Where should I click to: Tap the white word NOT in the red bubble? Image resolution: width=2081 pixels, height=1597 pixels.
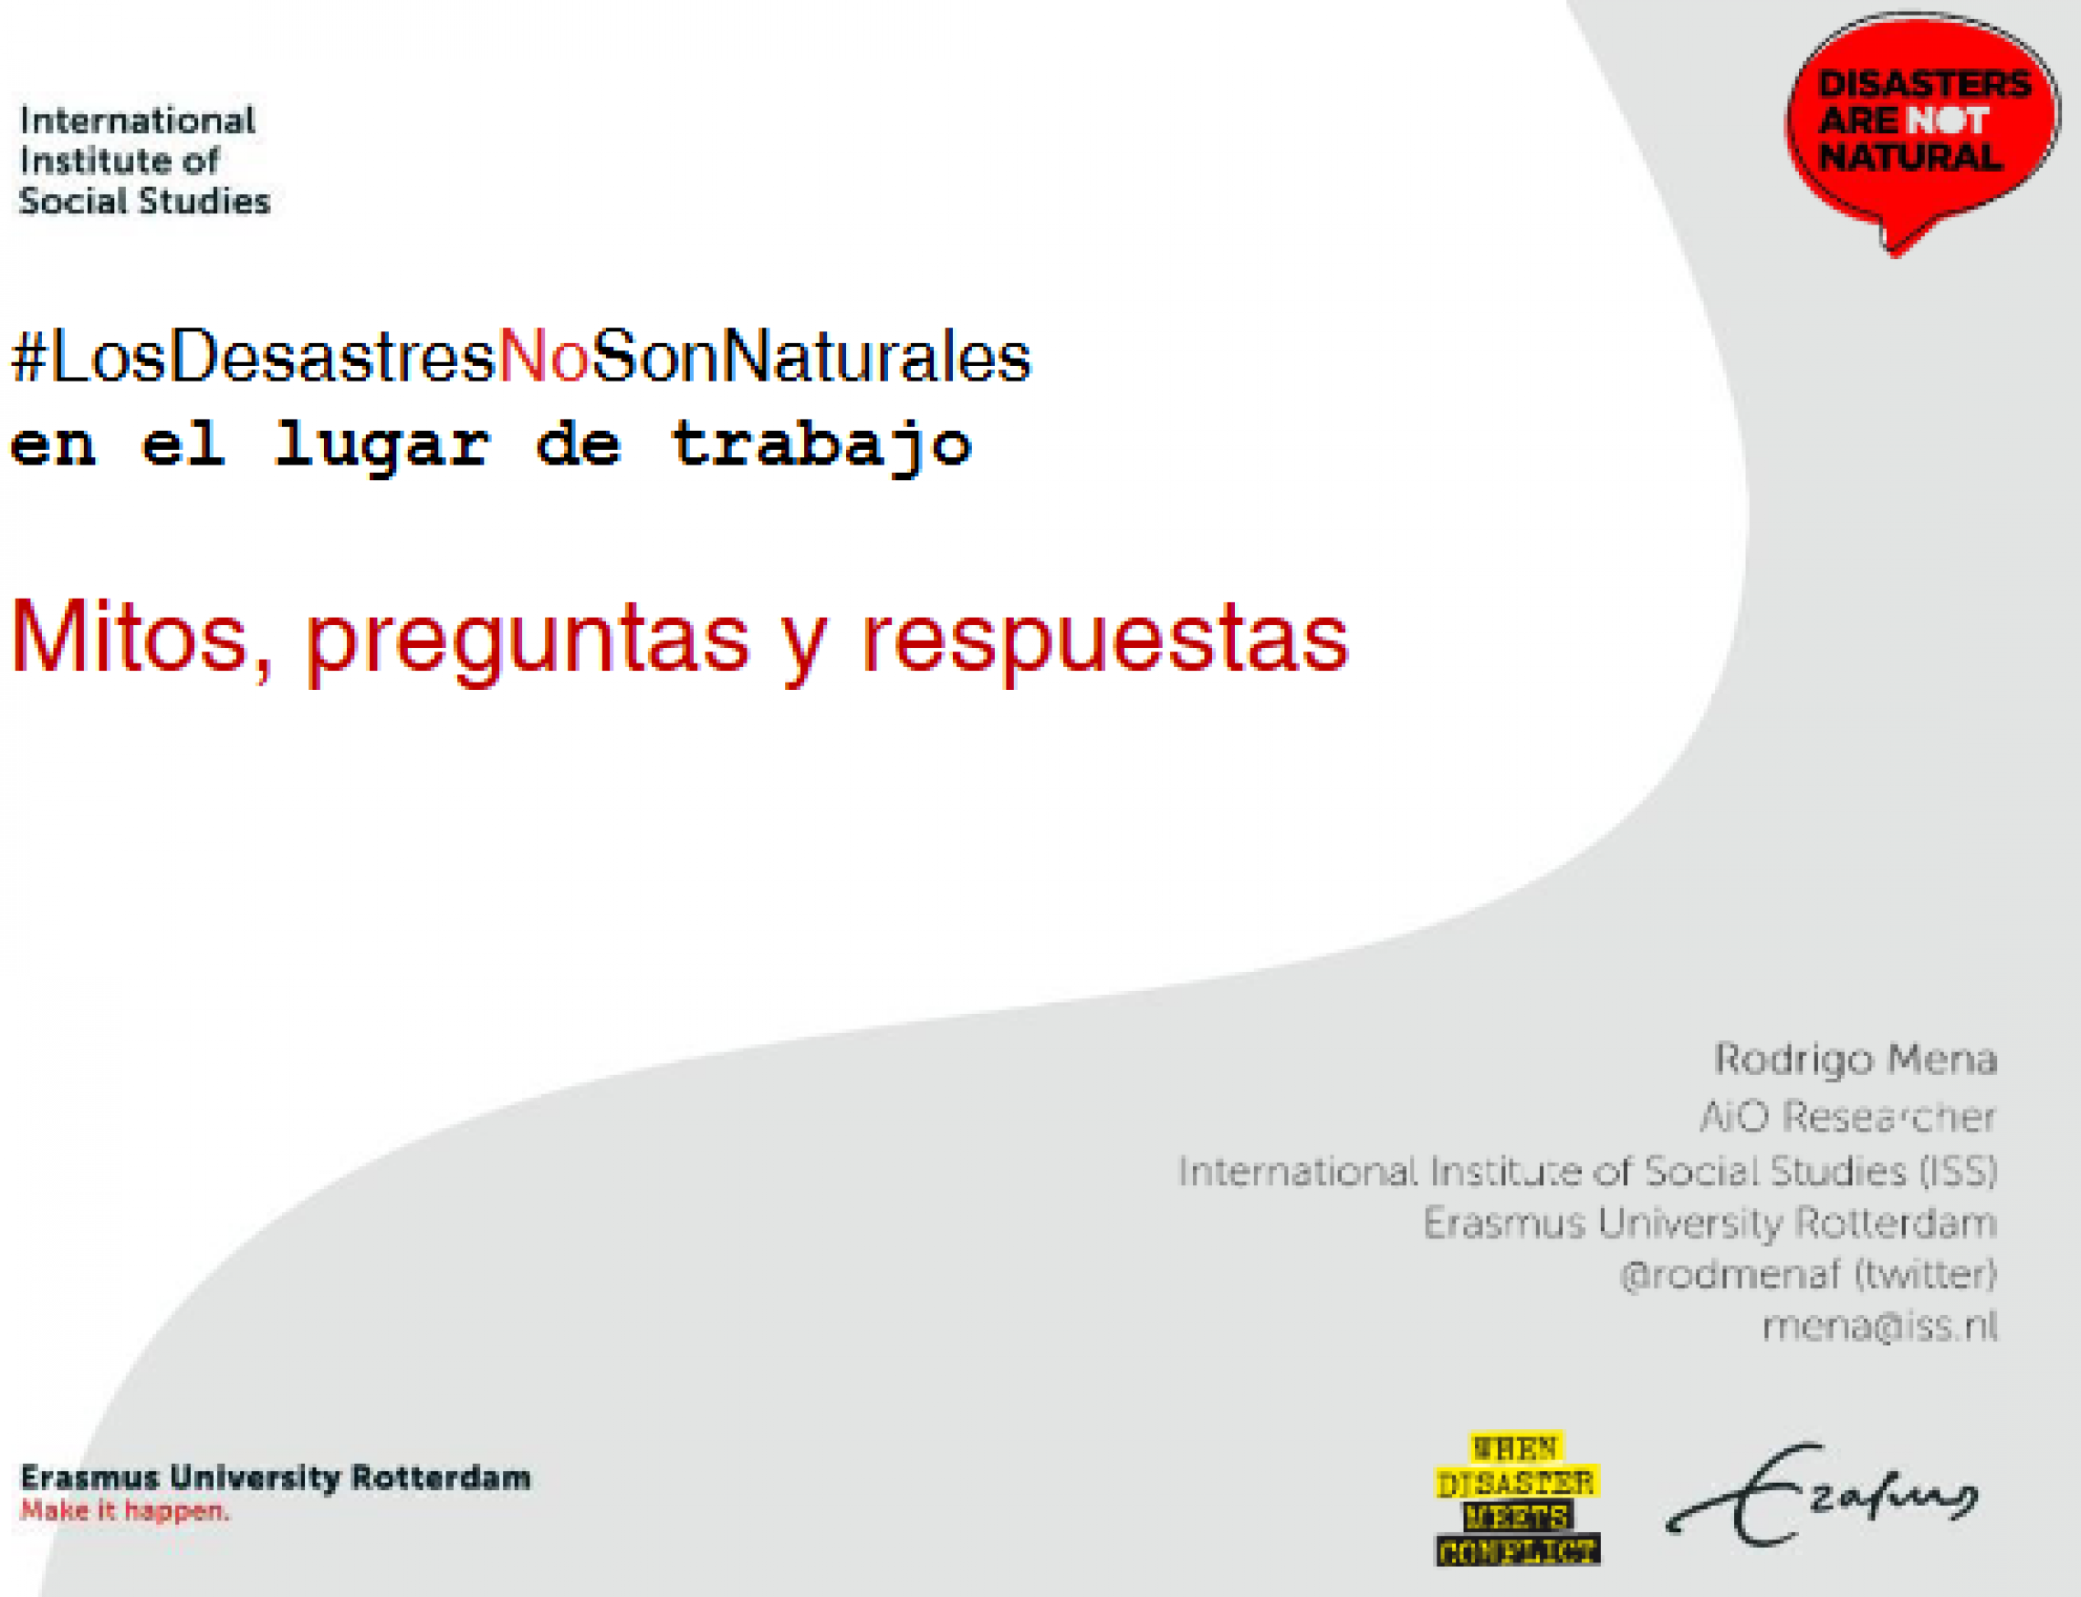pyautogui.click(x=1948, y=120)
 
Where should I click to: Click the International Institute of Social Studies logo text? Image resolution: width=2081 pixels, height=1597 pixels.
pyautogui.click(x=144, y=161)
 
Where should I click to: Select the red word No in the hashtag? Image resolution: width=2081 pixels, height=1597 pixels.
pyautogui.click(x=544, y=358)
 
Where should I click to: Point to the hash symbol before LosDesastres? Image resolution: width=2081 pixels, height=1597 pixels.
pyautogui.click(x=28, y=358)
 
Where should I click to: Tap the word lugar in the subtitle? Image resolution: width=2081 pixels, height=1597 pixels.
pyautogui.click(x=382, y=446)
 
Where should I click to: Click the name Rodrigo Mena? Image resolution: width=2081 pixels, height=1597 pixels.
pyautogui.click(x=1855, y=1059)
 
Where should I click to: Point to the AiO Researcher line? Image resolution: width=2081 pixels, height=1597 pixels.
pyautogui.click(x=1847, y=1116)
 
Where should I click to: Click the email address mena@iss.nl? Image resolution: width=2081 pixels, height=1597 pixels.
pyautogui.click(x=1879, y=1325)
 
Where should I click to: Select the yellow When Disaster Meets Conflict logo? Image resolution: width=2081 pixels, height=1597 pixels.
pyautogui.click(x=1517, y=1499)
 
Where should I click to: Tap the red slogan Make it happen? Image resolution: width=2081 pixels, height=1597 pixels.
pyautogui.click(x=124, y=1510)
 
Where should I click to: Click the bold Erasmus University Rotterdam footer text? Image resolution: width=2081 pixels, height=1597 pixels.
pyautogui.click(x=276, y=1477)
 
